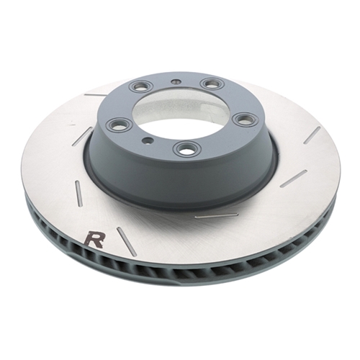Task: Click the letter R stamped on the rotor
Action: pyautogui.click(x=95, y=239)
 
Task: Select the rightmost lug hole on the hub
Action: pyautogui.click(x=246, y=120)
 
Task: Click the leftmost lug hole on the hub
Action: pyautogui.click(x=120, y=124)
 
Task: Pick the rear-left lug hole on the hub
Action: pyautogui.click(x=140, y=86)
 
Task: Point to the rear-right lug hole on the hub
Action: pyautogui.click(x=212, y=84)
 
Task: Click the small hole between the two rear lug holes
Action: pyautogui.click(x=176, y=82)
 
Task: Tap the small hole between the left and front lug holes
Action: pyautogui.click(x=148, y=140)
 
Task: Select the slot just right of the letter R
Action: pyautogui.click(x=127, y=241)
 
